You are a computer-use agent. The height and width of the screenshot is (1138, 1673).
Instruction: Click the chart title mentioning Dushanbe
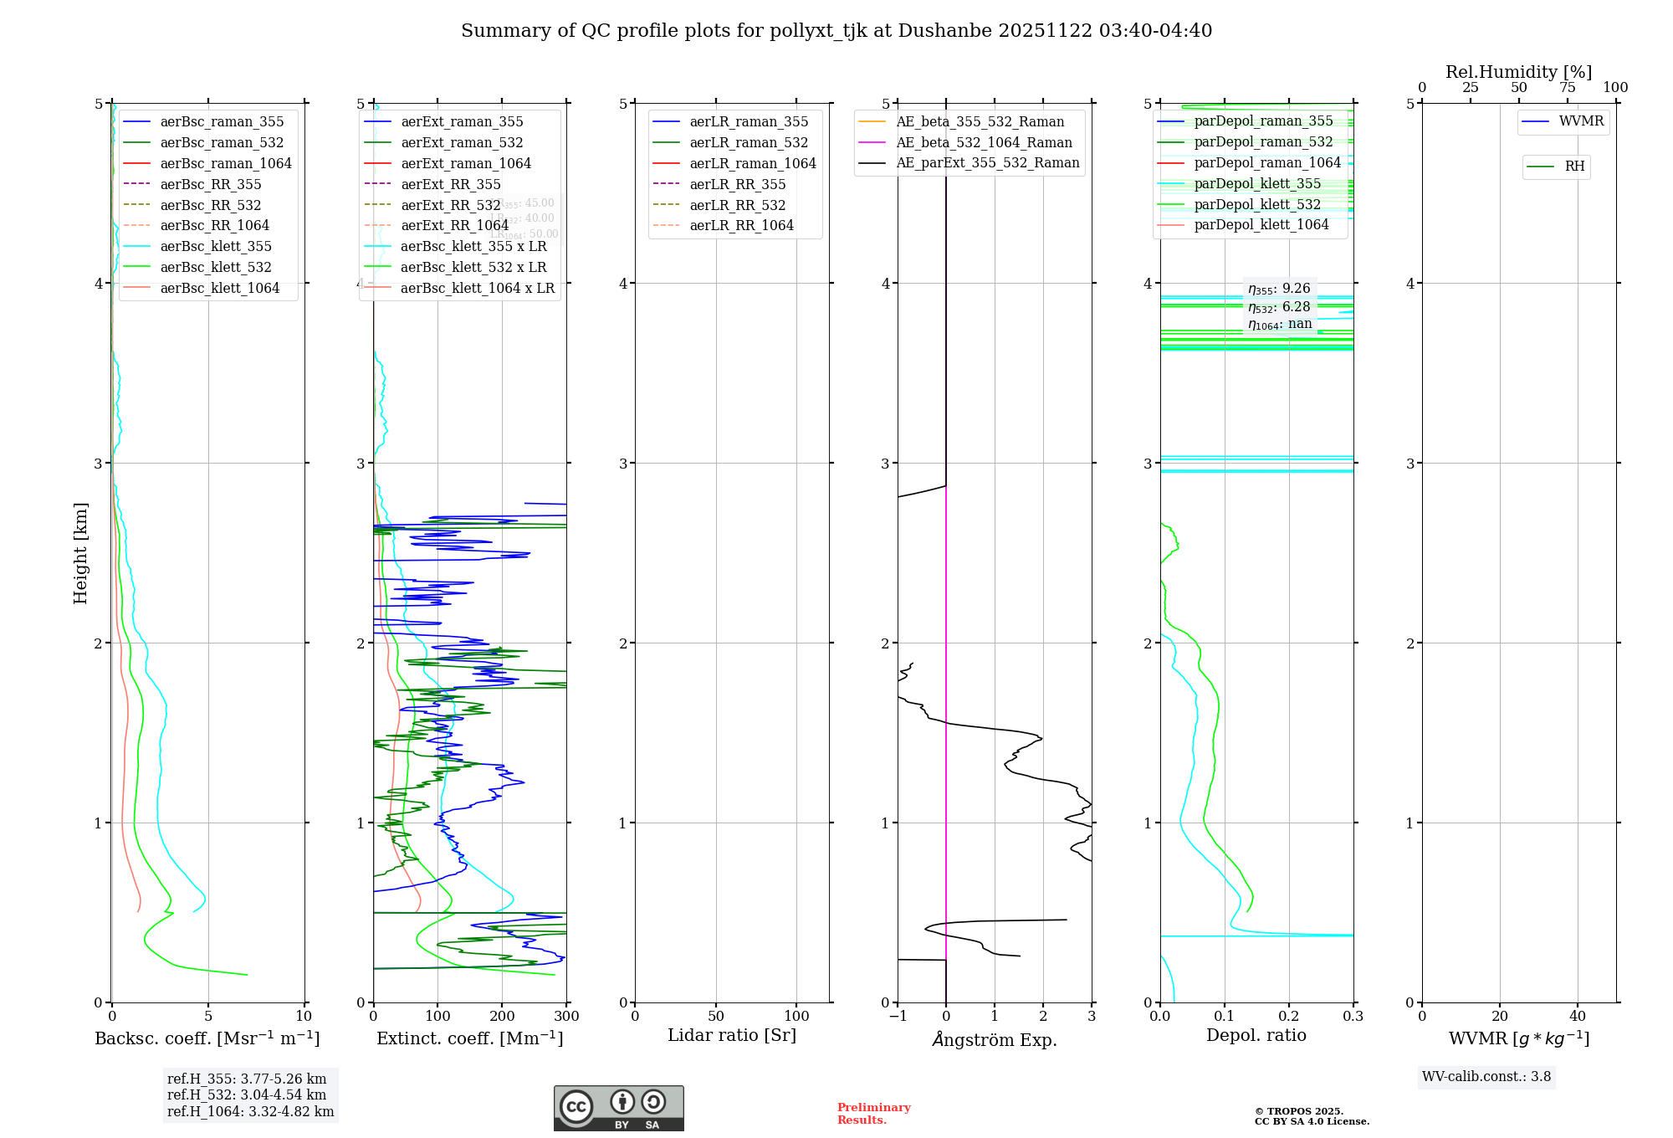(x=836, y=31)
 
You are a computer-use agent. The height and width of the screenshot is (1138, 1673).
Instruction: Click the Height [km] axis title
(x=80, y=552)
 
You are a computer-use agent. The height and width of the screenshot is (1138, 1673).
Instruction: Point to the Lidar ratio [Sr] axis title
(x=732, y=1035)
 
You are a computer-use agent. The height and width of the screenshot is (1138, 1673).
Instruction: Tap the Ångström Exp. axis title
(x=995, y=1039)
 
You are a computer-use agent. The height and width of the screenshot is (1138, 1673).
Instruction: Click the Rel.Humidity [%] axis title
(x=1518, y=72)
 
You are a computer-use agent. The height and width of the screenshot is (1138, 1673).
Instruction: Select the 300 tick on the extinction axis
(x=566, y=1017)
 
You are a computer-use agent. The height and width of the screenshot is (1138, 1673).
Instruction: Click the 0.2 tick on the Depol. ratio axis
(x=1289, y=1017)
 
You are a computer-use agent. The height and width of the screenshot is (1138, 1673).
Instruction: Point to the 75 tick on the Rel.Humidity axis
(x=1567, y=88)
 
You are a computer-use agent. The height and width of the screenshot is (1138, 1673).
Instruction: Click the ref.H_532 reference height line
(x=247, y=1094)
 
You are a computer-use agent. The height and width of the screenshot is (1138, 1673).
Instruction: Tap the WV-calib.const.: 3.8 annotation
(x=1486, y=1077)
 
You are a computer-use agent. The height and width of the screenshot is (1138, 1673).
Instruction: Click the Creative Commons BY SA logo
(x=618, y=1109)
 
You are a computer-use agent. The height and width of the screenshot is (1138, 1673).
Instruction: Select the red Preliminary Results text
(x=873, y=1114)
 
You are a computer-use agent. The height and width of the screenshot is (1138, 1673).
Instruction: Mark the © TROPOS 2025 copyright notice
(x=1311, y=1116)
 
